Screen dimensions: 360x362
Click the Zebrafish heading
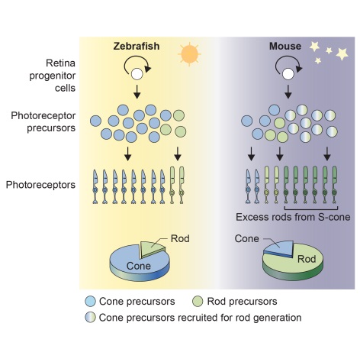(x=137, y=46)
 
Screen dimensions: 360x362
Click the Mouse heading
(x=285, y=46)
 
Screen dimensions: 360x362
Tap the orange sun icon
(x=189, y=54)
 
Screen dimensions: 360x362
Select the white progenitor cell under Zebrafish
(x=137, y=74)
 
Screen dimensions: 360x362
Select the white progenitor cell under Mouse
(x=288, y=74)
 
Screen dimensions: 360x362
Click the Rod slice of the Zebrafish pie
(x=152, y=247)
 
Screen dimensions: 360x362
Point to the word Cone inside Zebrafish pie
(x=139, y=266)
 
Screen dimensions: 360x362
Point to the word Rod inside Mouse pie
(x=307, y=259)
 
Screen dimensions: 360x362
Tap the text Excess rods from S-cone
(x=293, y=217)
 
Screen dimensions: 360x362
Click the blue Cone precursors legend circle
(x=91, y=302)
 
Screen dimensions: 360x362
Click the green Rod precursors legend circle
(x=198, y=302)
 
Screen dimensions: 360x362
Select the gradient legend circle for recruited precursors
(x=91, y=318)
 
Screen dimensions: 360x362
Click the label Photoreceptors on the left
(x=40, y=185)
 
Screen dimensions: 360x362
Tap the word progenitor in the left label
(x=53, y=76)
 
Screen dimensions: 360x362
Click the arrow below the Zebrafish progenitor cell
(x=137, y=92)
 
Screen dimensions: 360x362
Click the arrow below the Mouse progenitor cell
(x=288, y=92)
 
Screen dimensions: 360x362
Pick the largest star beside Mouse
(x=342, y=53)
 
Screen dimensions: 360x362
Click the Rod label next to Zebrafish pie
(x=180, y=239)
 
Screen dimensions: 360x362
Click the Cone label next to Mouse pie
(x=247, y=239)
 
